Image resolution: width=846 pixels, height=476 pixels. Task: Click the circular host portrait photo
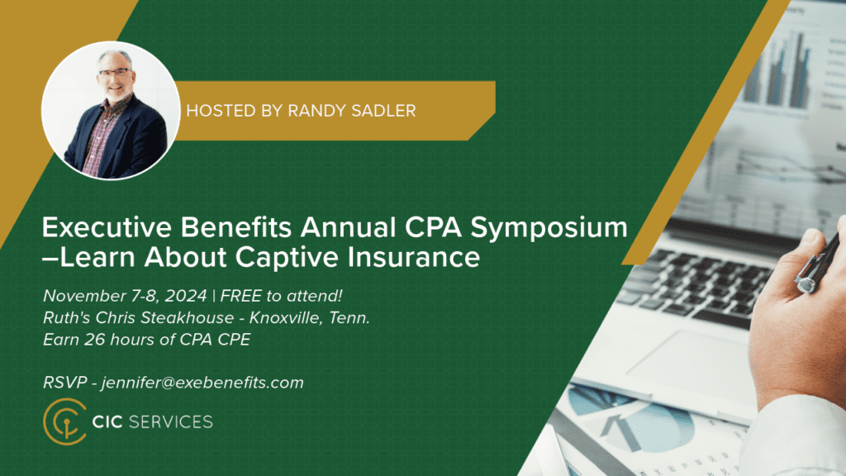[111, 110]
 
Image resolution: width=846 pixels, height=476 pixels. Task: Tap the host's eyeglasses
[114, 72]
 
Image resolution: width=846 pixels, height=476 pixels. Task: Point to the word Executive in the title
[107, 227]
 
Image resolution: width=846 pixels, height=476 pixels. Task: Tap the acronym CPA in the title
[433, 227]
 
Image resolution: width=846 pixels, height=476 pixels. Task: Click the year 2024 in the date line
[186, 296]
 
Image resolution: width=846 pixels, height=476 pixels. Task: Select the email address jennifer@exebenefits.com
[202, 383]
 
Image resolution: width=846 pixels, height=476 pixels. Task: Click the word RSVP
[64, 383]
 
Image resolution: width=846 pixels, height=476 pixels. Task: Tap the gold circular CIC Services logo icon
[64, 421]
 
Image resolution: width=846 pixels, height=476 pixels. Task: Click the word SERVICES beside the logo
[171, 422]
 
